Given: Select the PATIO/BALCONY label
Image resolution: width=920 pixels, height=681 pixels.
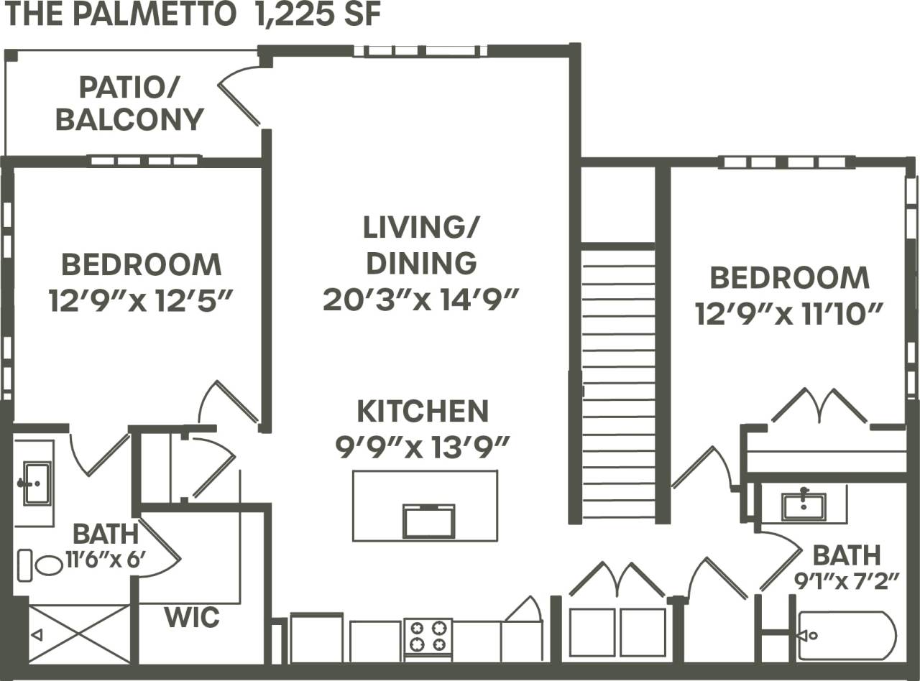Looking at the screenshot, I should click(x=129, y=104).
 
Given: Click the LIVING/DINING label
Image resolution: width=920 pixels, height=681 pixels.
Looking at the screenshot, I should click(x=420, y=245).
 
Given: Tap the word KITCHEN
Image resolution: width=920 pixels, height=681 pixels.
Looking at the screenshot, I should click(x=423, y=412).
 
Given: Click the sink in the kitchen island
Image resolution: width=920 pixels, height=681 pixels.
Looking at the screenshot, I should click(x=428, y=520).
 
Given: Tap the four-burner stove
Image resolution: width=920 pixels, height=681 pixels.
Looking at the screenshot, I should click(x=428, y=636).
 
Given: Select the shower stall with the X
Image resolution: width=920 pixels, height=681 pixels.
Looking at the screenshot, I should click(x=79, y=633).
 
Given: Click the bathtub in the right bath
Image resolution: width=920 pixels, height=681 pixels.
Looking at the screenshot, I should click(x=847, y=635).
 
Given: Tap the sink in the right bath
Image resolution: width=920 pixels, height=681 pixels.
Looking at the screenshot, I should click(x=804, y=505).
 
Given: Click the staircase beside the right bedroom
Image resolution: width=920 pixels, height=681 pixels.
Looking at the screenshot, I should click(x=618, y=381).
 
